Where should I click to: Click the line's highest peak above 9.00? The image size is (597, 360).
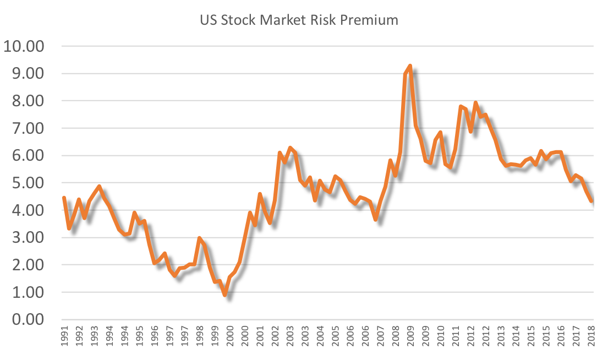[x=410, y=66]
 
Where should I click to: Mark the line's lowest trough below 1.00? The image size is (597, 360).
[x=224, y=295]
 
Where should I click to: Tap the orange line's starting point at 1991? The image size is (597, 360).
[x=64, y=198]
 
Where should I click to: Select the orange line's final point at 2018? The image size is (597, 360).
[x=591, y=201]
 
